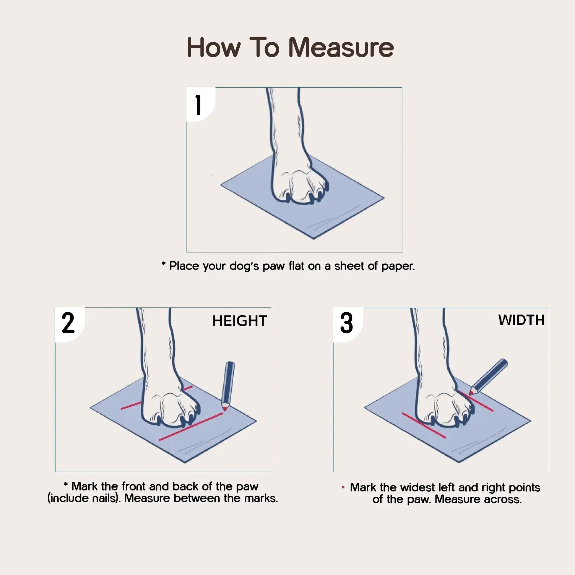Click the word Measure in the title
point(341,48)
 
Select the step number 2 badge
point(68,323)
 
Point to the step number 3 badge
point(346,323)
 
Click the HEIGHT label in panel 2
point(240,321)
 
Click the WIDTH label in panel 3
point(521,320)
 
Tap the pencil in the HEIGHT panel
point(229,383)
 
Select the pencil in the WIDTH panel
point(490,375)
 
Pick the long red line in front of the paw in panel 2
point(191,427)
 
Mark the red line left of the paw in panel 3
point(423,425)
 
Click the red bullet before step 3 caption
point(343,487)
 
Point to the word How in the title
point(214,48)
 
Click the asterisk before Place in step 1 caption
point(163,264)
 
